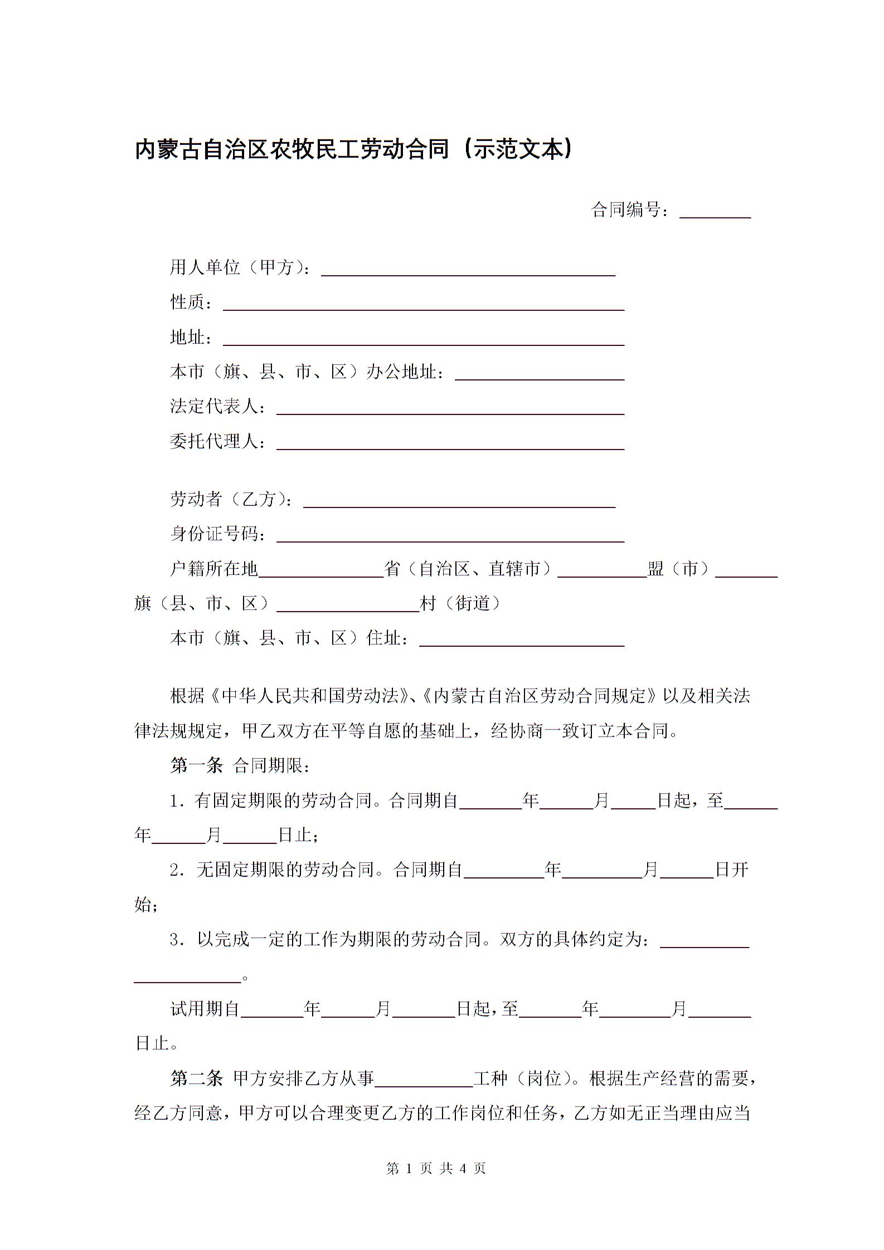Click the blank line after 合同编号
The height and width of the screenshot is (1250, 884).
(715, 212)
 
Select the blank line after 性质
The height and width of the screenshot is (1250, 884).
(424, 304)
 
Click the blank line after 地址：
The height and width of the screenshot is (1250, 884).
(424, 339)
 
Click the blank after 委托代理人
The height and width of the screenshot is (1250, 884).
(450, 442)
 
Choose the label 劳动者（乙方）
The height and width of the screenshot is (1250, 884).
(231, 500)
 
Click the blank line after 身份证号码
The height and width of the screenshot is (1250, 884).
(450, 535)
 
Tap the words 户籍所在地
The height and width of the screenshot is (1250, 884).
(214, 569)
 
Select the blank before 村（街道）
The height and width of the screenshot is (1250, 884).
(348, 605)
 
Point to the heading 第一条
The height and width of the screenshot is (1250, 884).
(196, 766)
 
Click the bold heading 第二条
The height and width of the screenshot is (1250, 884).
(196, 1079)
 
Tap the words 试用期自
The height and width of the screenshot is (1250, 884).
(205, 1009)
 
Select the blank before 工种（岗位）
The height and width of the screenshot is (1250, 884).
(424, 1081)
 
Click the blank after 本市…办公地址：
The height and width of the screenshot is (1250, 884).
(540, 373)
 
